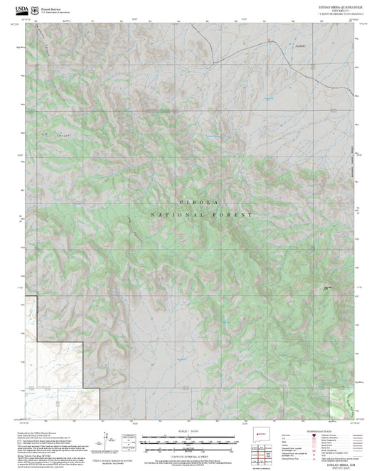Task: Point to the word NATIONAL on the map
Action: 170,214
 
